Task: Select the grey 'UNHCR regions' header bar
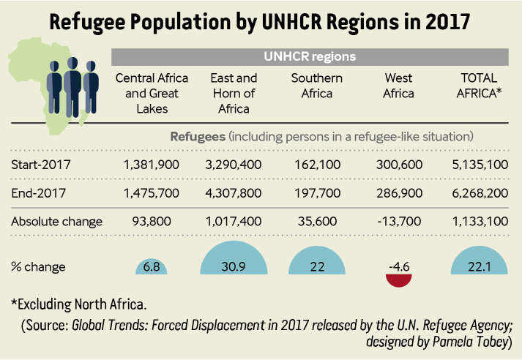point(310,57)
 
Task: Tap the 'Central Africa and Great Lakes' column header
point(152,94)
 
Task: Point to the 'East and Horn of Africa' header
point(234,94)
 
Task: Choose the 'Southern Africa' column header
point(316,86)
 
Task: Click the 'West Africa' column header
point(398,86)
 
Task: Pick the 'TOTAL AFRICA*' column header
point(479,86)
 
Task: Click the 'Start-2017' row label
point(41,165)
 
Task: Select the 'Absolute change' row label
point(56,222)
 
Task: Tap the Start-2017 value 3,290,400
point(233,165)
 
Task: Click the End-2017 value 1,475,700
point(152,193)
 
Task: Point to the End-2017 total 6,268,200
point(480,193)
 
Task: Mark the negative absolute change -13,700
point(399,222)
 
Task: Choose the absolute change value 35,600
point(317,222)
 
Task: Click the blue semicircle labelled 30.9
point(234,258)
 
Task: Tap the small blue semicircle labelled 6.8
point(151,267)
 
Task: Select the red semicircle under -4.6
point(399,280)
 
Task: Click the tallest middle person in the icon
point(72,87)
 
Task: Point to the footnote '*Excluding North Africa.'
point(79,304)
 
